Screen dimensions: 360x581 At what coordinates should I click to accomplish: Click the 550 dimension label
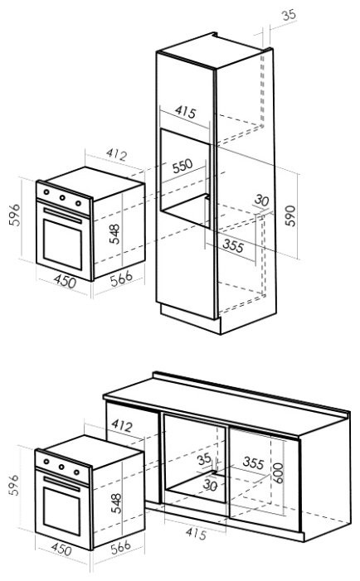[182, 166]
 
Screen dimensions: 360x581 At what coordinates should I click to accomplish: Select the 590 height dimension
[290, 215]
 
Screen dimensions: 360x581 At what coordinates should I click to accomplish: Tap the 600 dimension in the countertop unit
[278, 473]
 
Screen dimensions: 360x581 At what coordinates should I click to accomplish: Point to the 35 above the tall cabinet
[289, 15]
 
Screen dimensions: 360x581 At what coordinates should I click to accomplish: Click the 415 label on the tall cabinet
[185, 111]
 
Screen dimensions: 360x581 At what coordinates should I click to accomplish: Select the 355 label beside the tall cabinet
[233, 246]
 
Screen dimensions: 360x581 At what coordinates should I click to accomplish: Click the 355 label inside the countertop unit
[254, 462]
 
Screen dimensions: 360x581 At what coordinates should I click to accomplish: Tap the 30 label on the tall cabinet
[261, 201]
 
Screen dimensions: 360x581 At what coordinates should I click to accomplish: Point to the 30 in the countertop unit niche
[210, 485]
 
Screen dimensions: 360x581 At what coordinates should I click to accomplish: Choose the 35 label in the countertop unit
[204, 459]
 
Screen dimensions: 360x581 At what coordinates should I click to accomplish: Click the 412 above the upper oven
[116, 154]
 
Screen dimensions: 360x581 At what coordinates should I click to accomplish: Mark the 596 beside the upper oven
[15, 215]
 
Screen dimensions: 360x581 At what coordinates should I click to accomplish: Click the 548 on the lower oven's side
[116, 503]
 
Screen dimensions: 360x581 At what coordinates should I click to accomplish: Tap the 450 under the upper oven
[65, 281]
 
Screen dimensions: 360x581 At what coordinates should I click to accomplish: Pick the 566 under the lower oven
[121, 548]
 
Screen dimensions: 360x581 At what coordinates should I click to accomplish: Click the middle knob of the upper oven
[63, 197]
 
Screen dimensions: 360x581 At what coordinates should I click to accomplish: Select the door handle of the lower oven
[62, 484]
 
